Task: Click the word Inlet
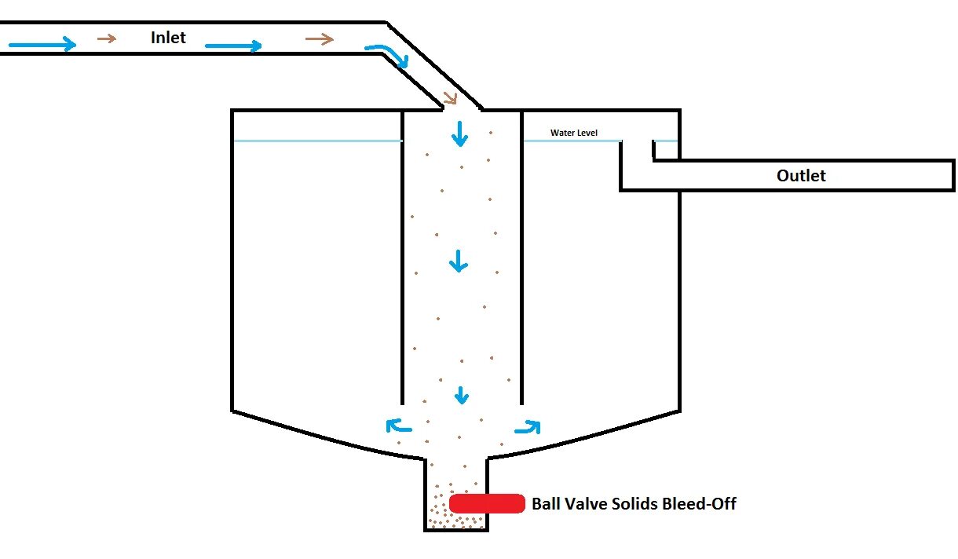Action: coord(168,37)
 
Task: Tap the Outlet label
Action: coord(801,175)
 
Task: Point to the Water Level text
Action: coord(573,133)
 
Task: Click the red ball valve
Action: coord(487,503)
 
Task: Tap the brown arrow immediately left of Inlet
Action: coord(107,38)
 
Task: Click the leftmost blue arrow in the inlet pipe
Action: coord(42,45)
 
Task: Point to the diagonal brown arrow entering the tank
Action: coord(451,98)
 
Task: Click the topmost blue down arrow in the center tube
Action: coord(459,134)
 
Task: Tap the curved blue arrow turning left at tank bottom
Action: coord(399,426)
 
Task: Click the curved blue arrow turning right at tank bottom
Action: coord(528,427)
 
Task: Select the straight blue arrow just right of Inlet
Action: coord(232,46)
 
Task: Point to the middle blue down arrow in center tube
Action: coord(458,261)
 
